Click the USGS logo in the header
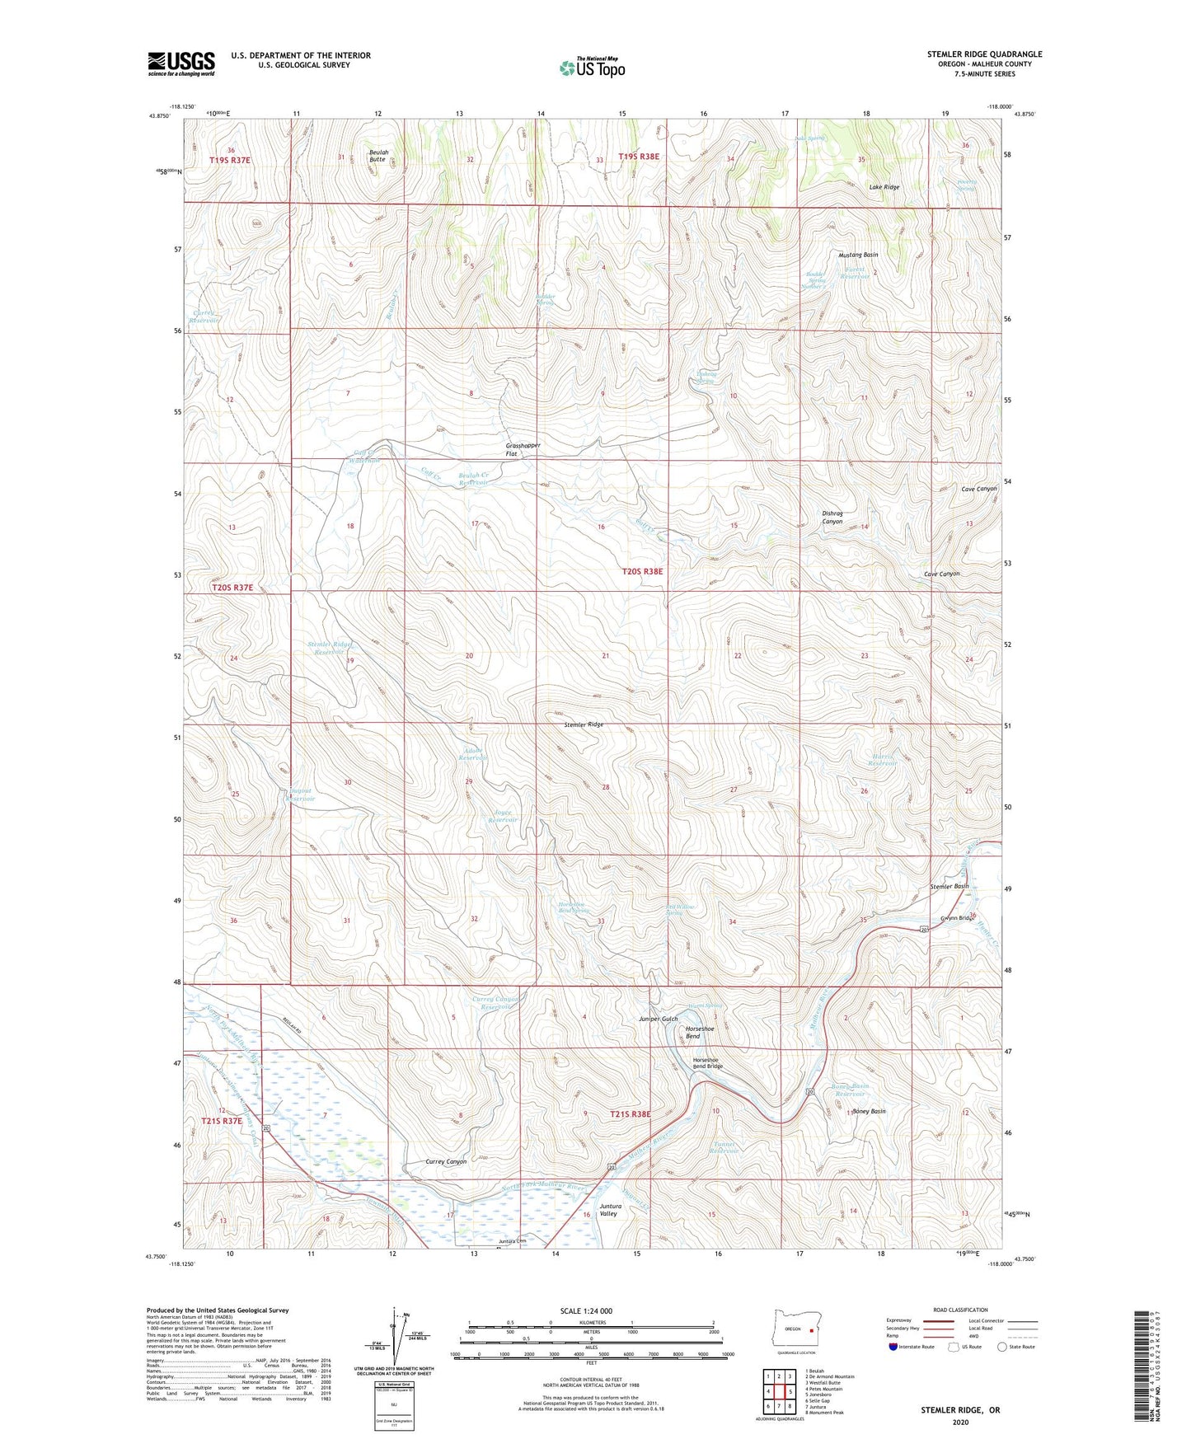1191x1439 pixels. click(x=181, y=63)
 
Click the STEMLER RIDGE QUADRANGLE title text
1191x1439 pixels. click(x=983, y=54)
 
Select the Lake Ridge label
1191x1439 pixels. click(x=884, y=187)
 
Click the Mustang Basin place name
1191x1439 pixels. click(x=858, y=255)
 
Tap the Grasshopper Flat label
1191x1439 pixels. click(x=523, y=449)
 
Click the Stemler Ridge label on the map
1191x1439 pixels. click(x=584, y=724)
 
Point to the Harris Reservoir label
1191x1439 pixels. click(x=882, y=759)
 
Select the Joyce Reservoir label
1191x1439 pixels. click(x=502, y=816)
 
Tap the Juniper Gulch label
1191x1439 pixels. click(x=658, y=1019)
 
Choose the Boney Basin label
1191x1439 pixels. click(x=868, y=1111)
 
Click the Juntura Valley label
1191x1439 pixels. click(x=608, y=1210)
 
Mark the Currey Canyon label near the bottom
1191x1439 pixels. click(x=446, y=1161)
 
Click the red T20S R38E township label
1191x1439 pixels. click(x=641, y=570)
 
